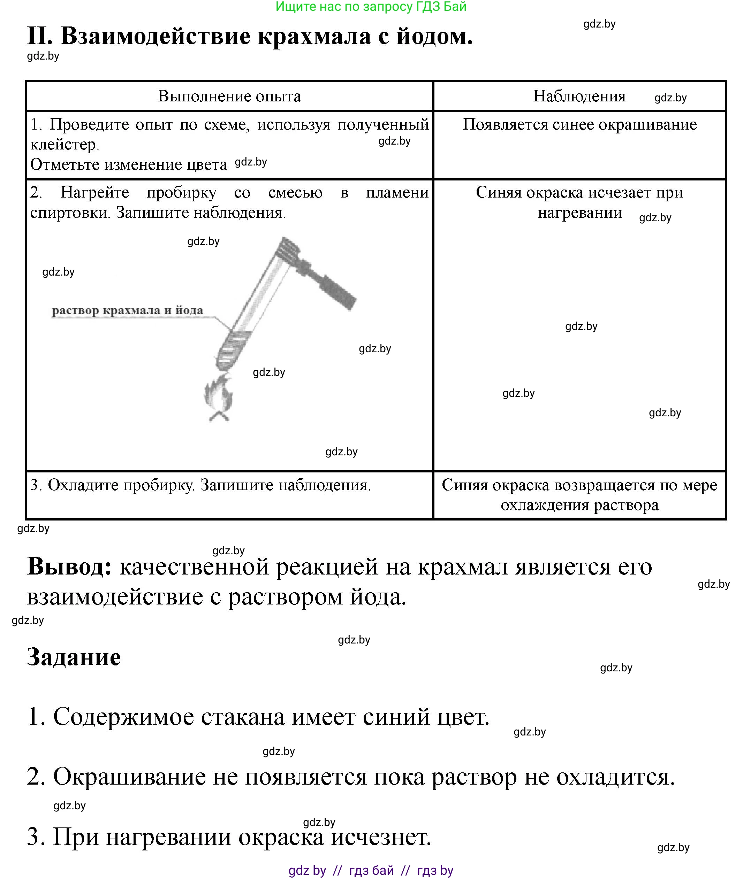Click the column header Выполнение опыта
tap(229, 97)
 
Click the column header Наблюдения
tap(579, 97)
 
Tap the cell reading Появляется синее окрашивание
tap(579, 124)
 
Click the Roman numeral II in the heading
tap(40, 36)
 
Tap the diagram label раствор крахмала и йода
tap(127, 310)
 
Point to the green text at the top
tap(371, 7)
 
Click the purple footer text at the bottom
tap(371, 870)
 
